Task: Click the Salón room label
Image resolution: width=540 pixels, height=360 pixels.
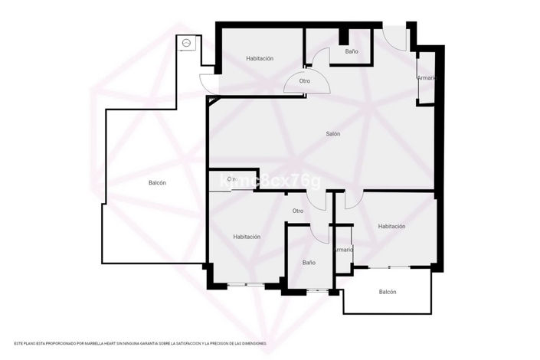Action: coord(332,134)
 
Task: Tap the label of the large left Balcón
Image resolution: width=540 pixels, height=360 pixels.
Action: coord(157,183)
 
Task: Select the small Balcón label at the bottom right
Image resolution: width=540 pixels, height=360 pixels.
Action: coord(388,292)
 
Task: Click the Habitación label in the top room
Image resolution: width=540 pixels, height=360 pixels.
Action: coord(260,59)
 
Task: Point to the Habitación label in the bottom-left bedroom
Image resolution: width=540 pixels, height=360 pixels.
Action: coord(247,237)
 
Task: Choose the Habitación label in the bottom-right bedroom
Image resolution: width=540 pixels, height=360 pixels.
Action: coord(391,227)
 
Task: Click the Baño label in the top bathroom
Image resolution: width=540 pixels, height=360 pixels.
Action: coord(352,51)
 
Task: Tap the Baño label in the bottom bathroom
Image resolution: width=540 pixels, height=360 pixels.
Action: coord(309,263)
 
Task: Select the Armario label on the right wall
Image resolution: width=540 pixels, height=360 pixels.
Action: coord(426,78)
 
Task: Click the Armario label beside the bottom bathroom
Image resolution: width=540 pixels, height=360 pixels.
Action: coord(343,250)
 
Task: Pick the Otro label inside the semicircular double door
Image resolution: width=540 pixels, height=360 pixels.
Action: coord(305,80)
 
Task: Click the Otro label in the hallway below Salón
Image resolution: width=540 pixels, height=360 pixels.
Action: coord(297,211)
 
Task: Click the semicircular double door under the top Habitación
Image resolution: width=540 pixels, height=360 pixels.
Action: coord(305,83)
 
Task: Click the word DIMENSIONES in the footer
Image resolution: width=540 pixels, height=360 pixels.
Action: coord(250,343)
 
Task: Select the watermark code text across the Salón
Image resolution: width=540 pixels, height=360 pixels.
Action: coord(270,182)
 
